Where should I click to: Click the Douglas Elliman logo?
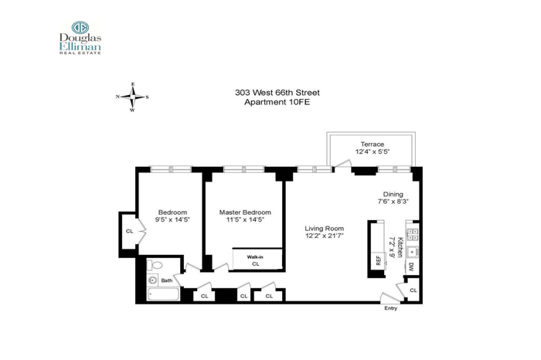[80, 37]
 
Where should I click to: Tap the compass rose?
[132, 97]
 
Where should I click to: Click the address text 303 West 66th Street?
[277, 93]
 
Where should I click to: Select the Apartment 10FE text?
[277, 103]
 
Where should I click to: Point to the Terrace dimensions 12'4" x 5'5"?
[373, 151]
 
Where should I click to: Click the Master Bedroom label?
[245, 212]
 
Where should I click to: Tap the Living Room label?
[324, 228]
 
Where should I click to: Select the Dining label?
[393, 194]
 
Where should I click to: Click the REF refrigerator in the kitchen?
[378, 260]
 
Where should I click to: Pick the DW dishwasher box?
[412, 267]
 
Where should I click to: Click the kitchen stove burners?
[413, 235]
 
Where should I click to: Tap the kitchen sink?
[412, 252]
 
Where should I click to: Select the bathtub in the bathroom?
[163, 294]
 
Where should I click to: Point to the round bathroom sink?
[152, 280]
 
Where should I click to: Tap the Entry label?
[390, 308]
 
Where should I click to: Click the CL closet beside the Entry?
[413, 290]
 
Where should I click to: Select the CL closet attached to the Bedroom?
[129, 231]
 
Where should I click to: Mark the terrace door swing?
[343, 164]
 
